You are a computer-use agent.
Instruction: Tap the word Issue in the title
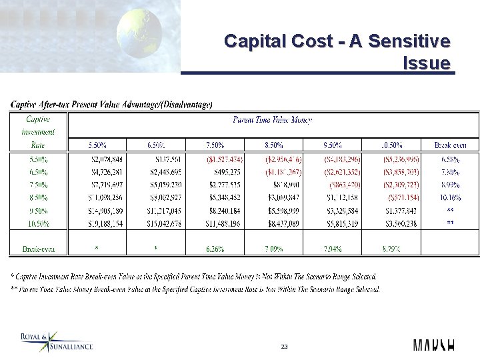(427, 63)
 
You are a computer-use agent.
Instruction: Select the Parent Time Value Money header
(272, 120)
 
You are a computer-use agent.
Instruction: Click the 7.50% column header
(215, 145)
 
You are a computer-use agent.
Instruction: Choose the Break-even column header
(450, 145)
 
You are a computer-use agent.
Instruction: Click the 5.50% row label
(39, 159)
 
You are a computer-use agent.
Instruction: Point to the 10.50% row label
(39, 223)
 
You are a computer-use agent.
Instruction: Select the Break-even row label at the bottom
(39, 249)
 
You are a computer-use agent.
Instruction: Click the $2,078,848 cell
(107, 159)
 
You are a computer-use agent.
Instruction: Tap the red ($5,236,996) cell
(400, 159)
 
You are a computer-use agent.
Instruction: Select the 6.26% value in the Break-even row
(215, 249)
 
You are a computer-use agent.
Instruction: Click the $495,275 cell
(225, 172)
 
